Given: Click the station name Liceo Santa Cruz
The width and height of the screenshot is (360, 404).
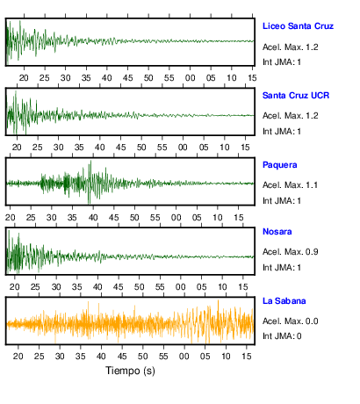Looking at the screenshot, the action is [x=298, y=26].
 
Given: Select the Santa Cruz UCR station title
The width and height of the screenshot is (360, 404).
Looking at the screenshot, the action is [x=296, y=96].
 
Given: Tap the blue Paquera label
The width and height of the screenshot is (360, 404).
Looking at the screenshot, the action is [x=280, y=165].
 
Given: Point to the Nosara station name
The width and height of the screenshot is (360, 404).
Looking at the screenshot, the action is [x=277, y=232].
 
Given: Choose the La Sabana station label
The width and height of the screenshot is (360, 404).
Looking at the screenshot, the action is [x=284, y=301].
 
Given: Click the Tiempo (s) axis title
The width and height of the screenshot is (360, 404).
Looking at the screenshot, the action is [x=130, y=371].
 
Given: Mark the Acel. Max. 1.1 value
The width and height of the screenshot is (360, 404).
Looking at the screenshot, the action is [x=290, y=185].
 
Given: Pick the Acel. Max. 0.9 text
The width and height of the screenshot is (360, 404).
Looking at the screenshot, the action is [x=291, y=252].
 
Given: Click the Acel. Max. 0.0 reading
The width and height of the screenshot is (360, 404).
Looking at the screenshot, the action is [x=291, y=321].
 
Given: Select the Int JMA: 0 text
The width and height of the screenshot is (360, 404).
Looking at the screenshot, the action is [x=282, y=335].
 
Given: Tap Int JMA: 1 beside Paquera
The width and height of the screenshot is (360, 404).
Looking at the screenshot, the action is [x=282, y=201].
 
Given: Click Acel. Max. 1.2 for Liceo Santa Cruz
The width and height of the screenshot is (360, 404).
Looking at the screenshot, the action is [x=291, y=47].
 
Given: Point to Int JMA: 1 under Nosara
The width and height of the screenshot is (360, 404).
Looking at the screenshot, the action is [x=282, y=268].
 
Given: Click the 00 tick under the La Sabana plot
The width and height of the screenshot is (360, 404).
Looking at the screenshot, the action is [x=184, y=357].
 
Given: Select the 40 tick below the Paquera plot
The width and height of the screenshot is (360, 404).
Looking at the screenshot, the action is [x=93, y=218].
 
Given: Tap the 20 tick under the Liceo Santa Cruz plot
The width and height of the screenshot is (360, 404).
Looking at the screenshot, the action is [x=24, y=78].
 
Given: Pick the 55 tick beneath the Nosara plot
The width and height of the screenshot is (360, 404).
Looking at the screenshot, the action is [x=160, y=287].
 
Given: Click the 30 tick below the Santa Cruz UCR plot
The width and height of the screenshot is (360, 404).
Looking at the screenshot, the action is [x=58, y=148].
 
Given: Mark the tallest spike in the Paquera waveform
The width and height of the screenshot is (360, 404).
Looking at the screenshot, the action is [x=90, y=161].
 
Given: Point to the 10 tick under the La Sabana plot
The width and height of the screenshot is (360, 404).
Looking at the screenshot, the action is [x=226, y=357].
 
